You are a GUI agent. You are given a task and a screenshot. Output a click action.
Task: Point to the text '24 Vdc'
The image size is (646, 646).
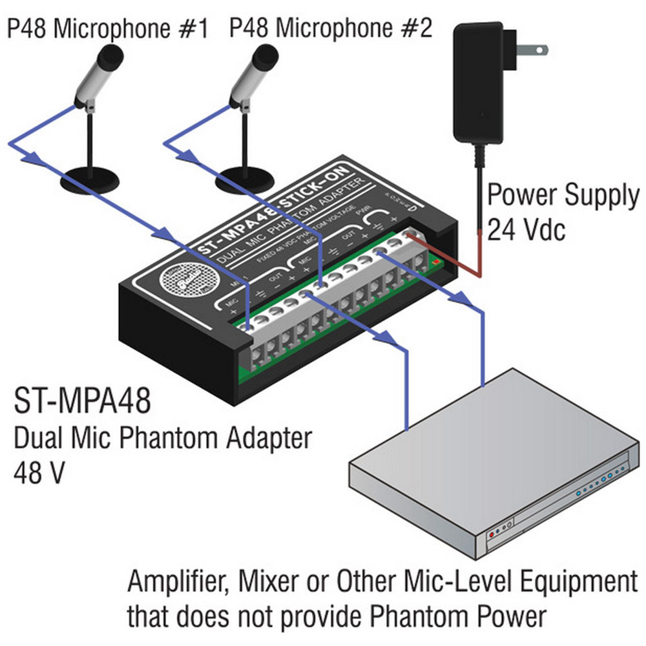coord(526,229)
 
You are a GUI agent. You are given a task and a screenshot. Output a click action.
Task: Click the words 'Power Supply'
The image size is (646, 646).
coord(562,196)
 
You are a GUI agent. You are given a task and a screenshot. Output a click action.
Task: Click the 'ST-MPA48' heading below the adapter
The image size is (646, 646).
coord(82,401)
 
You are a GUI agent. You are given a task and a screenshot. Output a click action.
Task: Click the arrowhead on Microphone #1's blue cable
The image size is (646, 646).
coord(26,155)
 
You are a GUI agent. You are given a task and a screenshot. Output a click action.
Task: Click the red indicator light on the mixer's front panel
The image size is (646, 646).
coord(493,536)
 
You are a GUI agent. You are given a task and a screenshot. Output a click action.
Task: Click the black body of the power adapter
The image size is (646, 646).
coord(478,84)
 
